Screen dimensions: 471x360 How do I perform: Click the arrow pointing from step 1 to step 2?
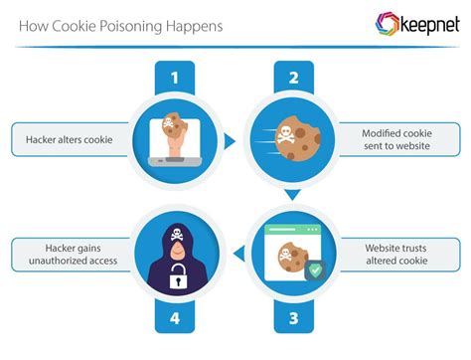tap(230, 141)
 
